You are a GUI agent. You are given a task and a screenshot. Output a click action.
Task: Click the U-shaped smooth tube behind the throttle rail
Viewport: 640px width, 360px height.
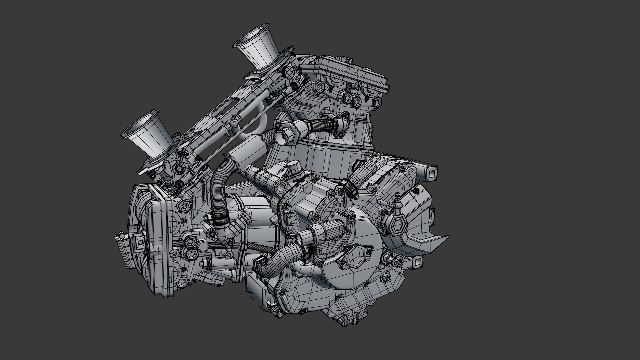pos(248,130)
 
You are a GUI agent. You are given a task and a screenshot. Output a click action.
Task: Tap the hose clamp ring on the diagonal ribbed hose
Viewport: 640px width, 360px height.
pos(348,186)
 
